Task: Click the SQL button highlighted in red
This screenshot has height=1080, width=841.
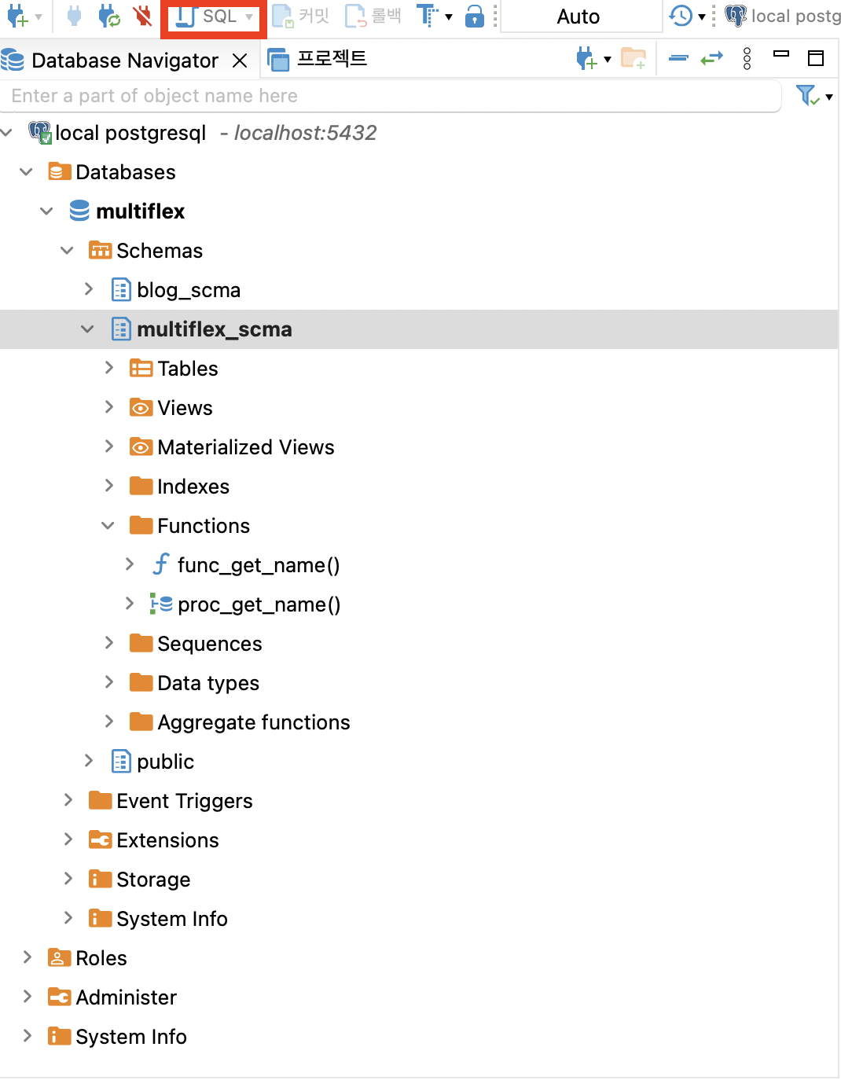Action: click(213, 17)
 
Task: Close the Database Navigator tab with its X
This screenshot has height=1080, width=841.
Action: click(240, 61)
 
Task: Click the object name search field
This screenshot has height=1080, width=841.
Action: click(391, 96)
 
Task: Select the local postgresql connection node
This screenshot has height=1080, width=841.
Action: click(130, 133)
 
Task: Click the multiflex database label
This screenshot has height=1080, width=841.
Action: click(140, 211)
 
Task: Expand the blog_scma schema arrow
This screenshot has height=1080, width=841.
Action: click(89, 289)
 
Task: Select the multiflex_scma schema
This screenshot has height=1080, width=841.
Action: click(214, 329)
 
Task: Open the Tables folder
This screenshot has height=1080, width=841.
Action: click(187, 369)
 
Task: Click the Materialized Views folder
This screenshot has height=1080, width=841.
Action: click(245, 447)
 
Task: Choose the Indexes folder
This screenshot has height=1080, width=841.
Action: click(193, 487)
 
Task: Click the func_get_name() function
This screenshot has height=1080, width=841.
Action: click(258, 565)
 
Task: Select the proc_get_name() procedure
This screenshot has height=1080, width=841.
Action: click(259, 604)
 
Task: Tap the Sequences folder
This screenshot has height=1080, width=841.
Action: click(209, 644)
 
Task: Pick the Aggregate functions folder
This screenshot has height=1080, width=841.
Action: click(253, 722)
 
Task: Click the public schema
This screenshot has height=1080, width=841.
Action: click(165, 762)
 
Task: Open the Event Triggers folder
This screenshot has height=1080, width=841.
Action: click(184, 801)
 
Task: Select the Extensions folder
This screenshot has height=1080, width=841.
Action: click(167, 840)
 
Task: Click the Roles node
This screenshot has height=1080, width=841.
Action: click(101, 958)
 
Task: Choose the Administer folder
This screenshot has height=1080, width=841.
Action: click(126, 997)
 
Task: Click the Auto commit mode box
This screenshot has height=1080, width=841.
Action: click(578, 17)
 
